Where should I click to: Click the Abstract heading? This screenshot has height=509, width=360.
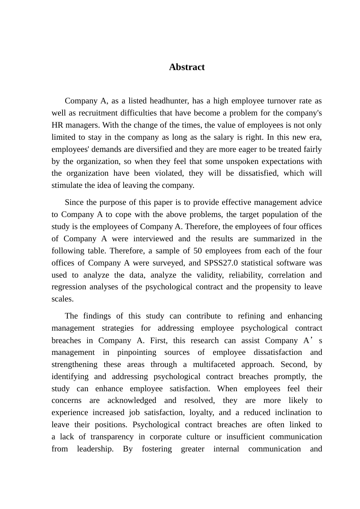click(x=187, y=67)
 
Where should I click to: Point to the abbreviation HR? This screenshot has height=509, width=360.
click(x=57, y=125)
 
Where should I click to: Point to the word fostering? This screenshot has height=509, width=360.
click(x=157, y=449)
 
